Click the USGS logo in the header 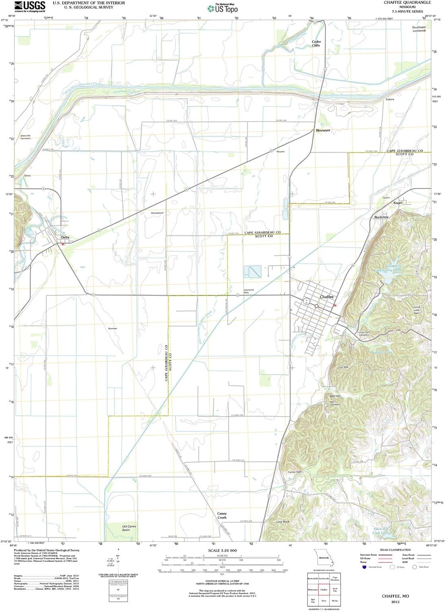[x=30, y=6]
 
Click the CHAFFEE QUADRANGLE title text [x=407, y=2]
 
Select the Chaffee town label [x=327, y=297]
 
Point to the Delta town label [x=65, y=237]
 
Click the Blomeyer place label [x=323, y=130]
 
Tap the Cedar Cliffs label [x=316, y=44]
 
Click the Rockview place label [x=381, y=217]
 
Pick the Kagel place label [x=397, y=203]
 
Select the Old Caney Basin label [x=129, y=528]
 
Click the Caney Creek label [x=222, y=515]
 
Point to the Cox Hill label [x=343, y=367]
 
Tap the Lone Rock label [x=282, y=522]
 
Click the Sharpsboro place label [x=157, y=213]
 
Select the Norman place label [x=113, y=328]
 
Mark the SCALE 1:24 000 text [x=222, y=551]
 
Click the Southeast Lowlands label [x=419, y=29]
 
